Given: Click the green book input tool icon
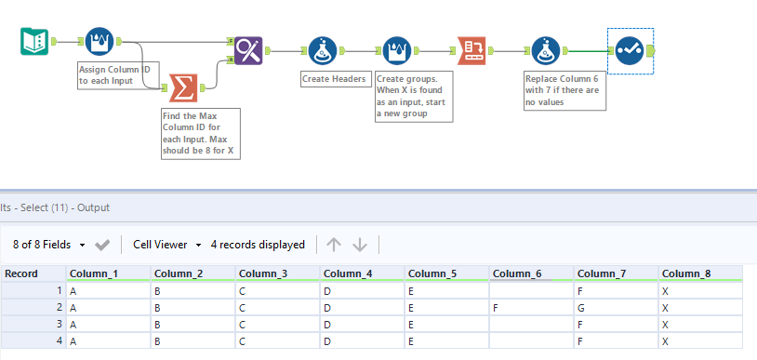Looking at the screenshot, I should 34,42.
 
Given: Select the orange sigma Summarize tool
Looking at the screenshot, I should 184,89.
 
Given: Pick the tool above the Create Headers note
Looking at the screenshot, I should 323,50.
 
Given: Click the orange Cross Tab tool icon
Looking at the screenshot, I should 471,50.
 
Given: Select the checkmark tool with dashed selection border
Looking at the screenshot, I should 630,50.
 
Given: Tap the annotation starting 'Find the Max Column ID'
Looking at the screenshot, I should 199,133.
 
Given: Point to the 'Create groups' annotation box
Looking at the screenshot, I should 413,96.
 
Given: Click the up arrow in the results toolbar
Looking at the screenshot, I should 334,245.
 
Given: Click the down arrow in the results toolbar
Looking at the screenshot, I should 361,245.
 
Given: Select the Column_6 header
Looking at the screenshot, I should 517,273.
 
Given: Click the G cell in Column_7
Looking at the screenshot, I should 581,307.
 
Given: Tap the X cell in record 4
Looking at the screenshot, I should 667,340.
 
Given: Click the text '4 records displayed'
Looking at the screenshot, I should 258,245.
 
